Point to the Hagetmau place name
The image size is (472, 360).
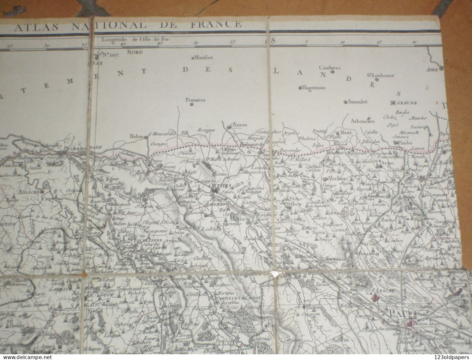click(x=314, y=88)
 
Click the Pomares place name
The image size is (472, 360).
click(x=195, y=100)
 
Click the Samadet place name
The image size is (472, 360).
click(x=357, y=102)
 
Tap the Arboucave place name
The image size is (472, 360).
click(x=363, y=121)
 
